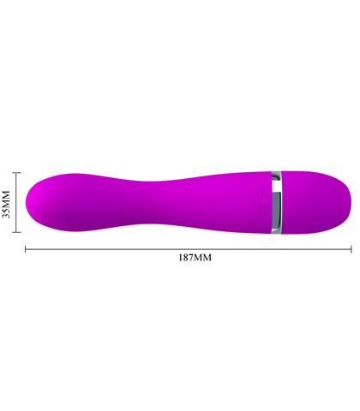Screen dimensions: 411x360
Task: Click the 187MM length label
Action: point(193,258)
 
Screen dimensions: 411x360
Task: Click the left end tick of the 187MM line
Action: point(25,249)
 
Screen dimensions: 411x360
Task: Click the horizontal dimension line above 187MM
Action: point(129,249)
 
